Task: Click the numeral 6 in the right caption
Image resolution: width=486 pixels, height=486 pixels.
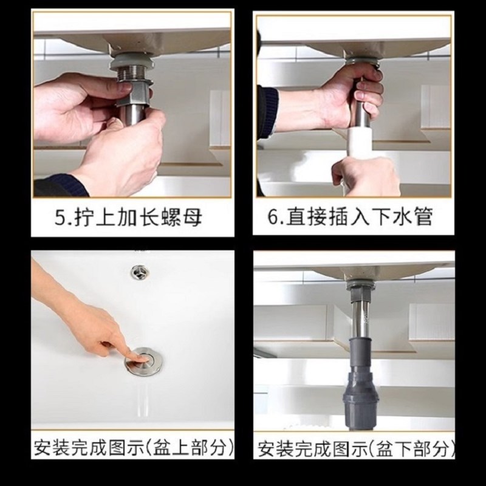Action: [274, 217]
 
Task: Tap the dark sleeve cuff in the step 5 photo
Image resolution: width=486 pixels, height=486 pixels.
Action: [58, 185]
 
